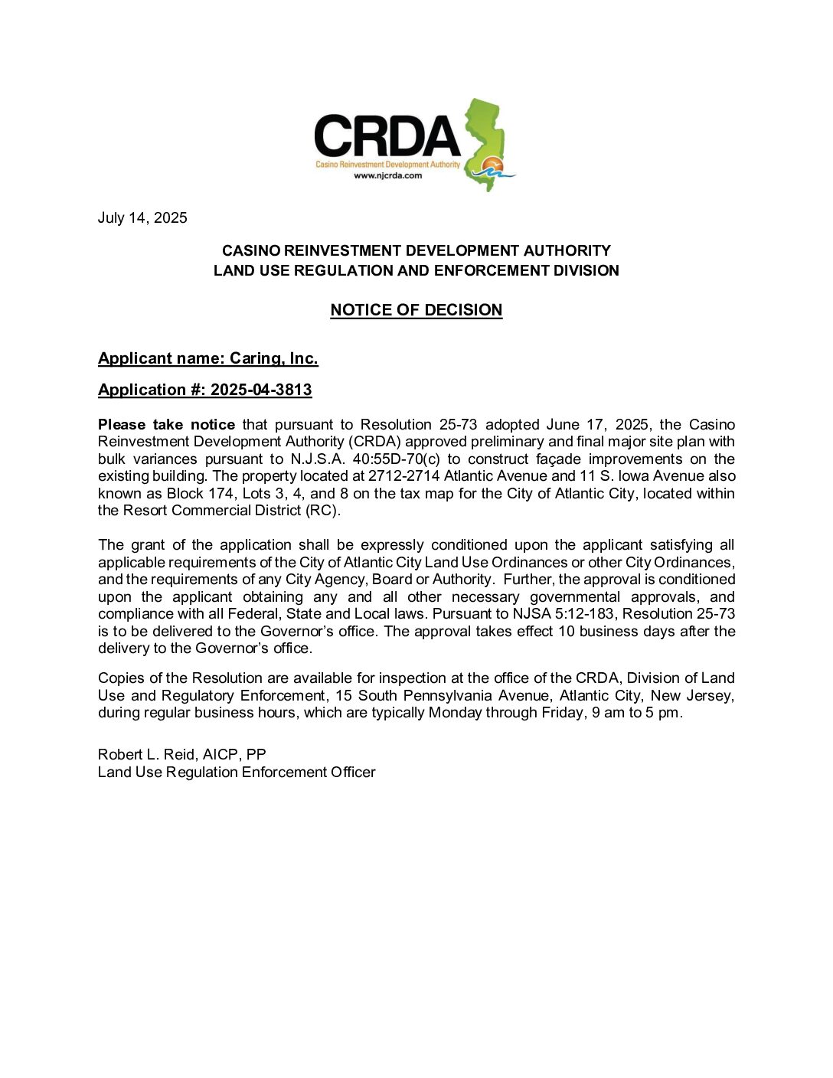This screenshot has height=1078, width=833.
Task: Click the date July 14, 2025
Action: [142, 218]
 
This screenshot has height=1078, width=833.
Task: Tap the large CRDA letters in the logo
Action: [387, 136]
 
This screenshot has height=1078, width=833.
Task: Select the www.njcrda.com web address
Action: [387, 175]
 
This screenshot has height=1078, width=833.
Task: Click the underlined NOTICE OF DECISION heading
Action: [416, 310]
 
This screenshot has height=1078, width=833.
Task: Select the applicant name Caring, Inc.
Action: [273, 358]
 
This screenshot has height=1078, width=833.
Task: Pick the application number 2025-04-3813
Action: [261, 390]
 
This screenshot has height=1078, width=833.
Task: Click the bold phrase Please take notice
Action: [166, 425]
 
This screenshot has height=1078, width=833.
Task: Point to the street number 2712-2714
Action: [403, 476]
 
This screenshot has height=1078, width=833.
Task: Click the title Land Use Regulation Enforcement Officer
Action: [237, 773]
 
